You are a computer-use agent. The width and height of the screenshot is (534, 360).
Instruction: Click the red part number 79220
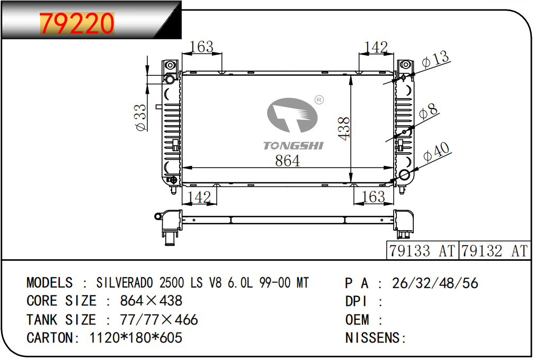coord(77,23)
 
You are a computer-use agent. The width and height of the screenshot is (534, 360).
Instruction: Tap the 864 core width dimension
coord(288,161)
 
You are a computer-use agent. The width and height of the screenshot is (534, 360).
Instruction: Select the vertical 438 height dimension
coord(344,128)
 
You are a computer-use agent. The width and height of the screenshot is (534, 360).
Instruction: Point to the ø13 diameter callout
coord(435,59)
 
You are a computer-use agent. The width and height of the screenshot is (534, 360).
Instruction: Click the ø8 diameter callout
coord(428,111)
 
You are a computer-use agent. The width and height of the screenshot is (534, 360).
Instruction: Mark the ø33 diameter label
coord(141,117)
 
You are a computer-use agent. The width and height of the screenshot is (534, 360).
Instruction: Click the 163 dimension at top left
coord(202,47)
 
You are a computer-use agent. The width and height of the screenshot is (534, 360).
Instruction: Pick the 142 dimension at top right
coord(376,47)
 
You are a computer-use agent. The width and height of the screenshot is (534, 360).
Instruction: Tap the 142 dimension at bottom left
coord(199,197)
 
